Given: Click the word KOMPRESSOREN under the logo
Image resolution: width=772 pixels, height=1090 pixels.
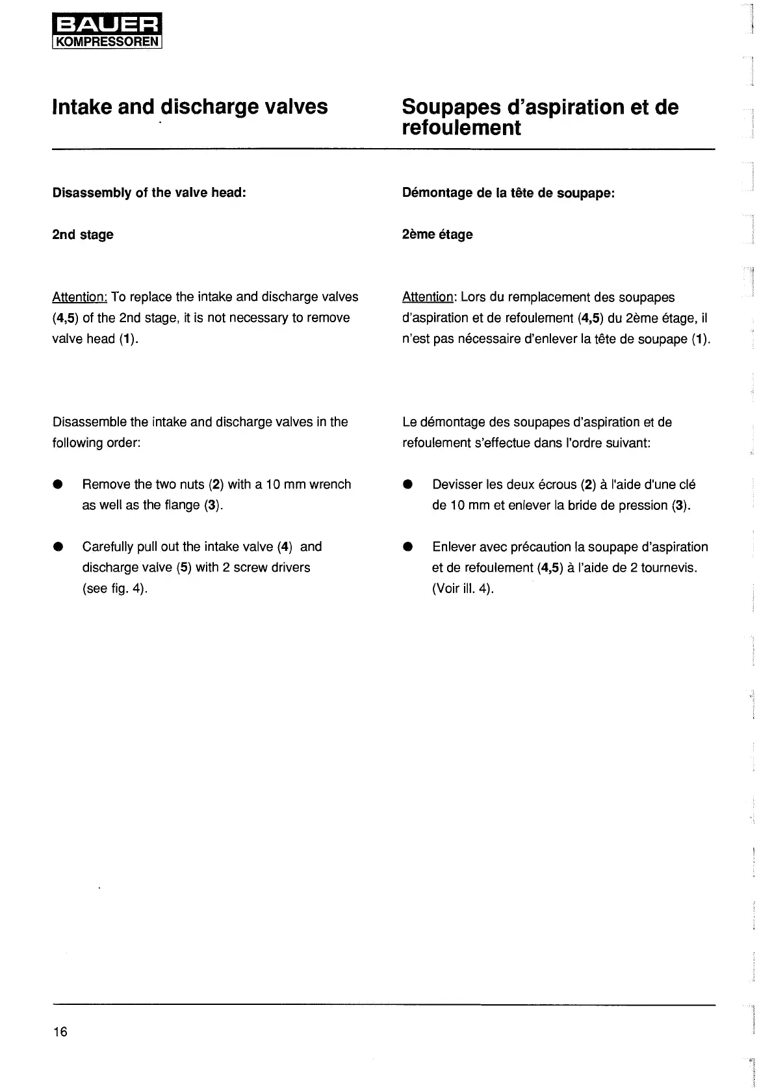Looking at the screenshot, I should [107, 44].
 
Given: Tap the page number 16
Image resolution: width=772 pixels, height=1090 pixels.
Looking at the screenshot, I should [60, 1032].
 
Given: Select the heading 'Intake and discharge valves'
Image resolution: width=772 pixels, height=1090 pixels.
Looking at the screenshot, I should [190, 107].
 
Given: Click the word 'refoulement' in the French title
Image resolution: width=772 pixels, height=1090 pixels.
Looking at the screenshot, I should [461, 128].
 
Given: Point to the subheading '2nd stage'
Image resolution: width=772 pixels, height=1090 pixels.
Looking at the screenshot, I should [83, 234].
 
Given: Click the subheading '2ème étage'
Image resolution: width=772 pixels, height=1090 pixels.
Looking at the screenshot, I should [437, 234].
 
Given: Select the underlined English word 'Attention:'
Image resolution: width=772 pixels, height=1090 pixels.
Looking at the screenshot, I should [79, 298].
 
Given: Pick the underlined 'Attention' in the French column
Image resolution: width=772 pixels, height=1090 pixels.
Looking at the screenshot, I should [428, 298].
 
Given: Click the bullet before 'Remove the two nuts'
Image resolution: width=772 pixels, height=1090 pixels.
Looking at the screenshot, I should [58, 485].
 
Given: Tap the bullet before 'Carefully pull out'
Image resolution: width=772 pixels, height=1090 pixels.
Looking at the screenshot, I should [58, 547].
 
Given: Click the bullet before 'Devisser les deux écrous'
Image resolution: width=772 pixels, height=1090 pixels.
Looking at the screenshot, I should [408, 485].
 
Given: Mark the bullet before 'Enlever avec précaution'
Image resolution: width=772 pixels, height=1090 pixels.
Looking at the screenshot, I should [408, 547].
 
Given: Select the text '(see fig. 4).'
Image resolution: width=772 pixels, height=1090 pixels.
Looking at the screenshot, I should [115, 589].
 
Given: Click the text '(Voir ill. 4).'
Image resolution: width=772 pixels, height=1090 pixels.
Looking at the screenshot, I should [463, 589].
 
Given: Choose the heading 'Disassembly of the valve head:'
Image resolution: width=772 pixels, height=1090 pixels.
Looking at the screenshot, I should [149, 193].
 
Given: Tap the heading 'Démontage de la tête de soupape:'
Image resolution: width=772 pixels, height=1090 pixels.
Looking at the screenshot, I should [508, 193].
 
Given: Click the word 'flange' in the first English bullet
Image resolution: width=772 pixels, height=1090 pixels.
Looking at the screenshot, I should [181, 505].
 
